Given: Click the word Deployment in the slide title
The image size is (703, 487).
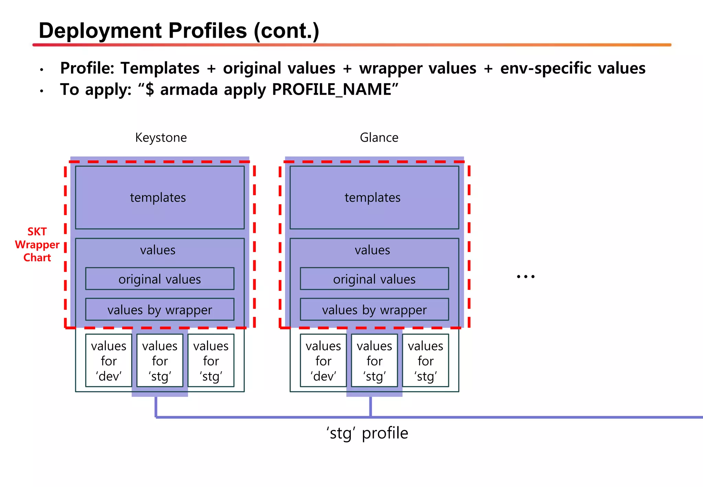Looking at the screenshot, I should coord(100,31).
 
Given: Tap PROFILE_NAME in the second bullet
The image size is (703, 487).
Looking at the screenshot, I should coord(335,90).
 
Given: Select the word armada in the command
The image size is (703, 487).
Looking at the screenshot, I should coord(189,90).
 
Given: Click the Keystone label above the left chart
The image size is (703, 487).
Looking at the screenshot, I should coord(161,138).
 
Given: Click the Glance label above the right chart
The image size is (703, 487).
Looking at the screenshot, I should coord(379,138).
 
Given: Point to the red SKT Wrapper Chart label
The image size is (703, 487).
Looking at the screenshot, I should coord(37,245).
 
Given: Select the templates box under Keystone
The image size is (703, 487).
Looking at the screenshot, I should coord(160,197).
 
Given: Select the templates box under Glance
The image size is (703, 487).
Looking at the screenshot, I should coord(374,197).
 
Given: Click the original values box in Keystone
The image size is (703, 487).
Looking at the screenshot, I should coord(160,279).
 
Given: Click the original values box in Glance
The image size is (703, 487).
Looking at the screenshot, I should coord(374,279).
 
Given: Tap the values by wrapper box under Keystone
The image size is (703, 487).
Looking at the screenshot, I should coord(160,309).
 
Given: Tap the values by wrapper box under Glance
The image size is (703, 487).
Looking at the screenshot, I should coord(374,309).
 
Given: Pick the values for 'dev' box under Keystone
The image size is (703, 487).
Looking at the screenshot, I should coord(108,361).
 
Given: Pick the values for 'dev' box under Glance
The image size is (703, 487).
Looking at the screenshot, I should coord(323,361).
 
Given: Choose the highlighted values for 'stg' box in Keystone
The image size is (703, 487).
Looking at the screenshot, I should coord(160,361).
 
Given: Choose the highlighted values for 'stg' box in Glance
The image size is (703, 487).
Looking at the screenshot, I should coord(374,361).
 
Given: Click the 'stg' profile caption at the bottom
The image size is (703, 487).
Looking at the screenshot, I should coord(367,433).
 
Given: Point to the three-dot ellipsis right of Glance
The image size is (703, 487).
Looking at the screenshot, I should coord(526,276).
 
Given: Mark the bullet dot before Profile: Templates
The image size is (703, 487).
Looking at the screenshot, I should coord(42,70).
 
